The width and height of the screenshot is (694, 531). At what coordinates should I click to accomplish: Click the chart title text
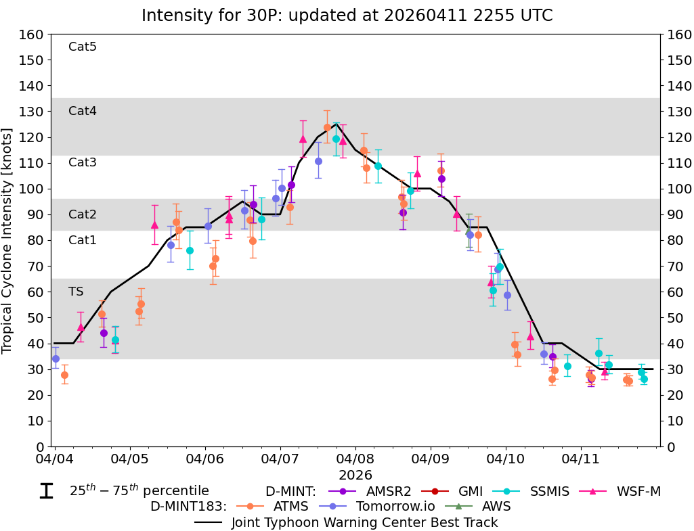[x=347, y=15]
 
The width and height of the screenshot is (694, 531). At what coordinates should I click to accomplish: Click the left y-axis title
[x=8, y=240]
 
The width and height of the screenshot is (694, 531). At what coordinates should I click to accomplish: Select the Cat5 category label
[x=83, y=47]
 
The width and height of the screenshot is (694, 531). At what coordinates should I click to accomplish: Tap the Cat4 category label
[x=83, y=111]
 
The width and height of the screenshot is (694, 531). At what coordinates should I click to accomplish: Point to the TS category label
[x=76, y=292]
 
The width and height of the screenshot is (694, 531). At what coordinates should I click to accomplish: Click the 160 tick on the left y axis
[x=33, y=34]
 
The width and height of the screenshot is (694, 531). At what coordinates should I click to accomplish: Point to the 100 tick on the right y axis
[x=677, y=189]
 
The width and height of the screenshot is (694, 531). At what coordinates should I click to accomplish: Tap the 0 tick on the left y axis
[x=40, y=446]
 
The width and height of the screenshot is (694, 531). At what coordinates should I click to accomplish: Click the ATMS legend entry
[x=292, y=506]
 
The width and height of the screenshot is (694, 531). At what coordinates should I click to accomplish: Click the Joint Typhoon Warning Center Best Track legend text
[x=364, y=522]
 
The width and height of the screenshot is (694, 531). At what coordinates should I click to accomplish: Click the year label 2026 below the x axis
[x=355, y=476]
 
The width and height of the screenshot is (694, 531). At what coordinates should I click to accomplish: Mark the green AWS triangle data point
[x=469, y=231]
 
